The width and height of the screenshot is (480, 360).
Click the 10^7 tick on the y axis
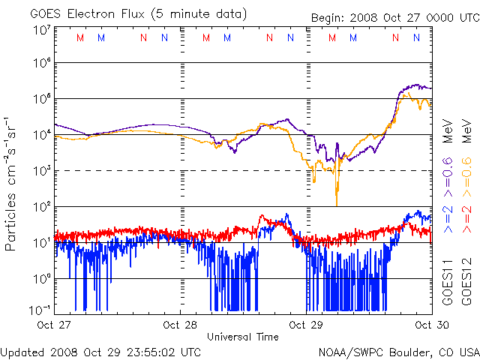[41, 29]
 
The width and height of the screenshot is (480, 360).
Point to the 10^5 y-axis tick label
[41, 99]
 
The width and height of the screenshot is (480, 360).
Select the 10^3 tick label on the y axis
[41, 171]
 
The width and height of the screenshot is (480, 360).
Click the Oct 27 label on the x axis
[54, 325]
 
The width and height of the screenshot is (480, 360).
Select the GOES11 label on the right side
[448, 279]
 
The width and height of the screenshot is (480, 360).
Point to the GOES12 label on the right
[466, 279]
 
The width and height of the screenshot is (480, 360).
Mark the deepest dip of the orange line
[337, 205]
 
